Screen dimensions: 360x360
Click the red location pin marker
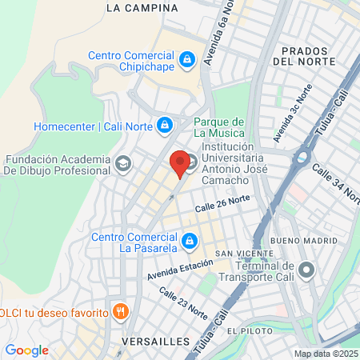point(181,163)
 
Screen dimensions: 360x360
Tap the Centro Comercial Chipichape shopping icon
point(186,59)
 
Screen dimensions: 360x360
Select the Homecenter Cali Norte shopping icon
point(164,126)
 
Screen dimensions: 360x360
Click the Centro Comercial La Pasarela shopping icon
point(189,239)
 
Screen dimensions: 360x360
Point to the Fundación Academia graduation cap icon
point(122,164)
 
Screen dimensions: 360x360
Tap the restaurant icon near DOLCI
point(121,311)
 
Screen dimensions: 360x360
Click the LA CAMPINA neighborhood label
point(142,8)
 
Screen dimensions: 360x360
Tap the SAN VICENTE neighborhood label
point(235,254)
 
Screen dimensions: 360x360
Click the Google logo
point(26,350)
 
